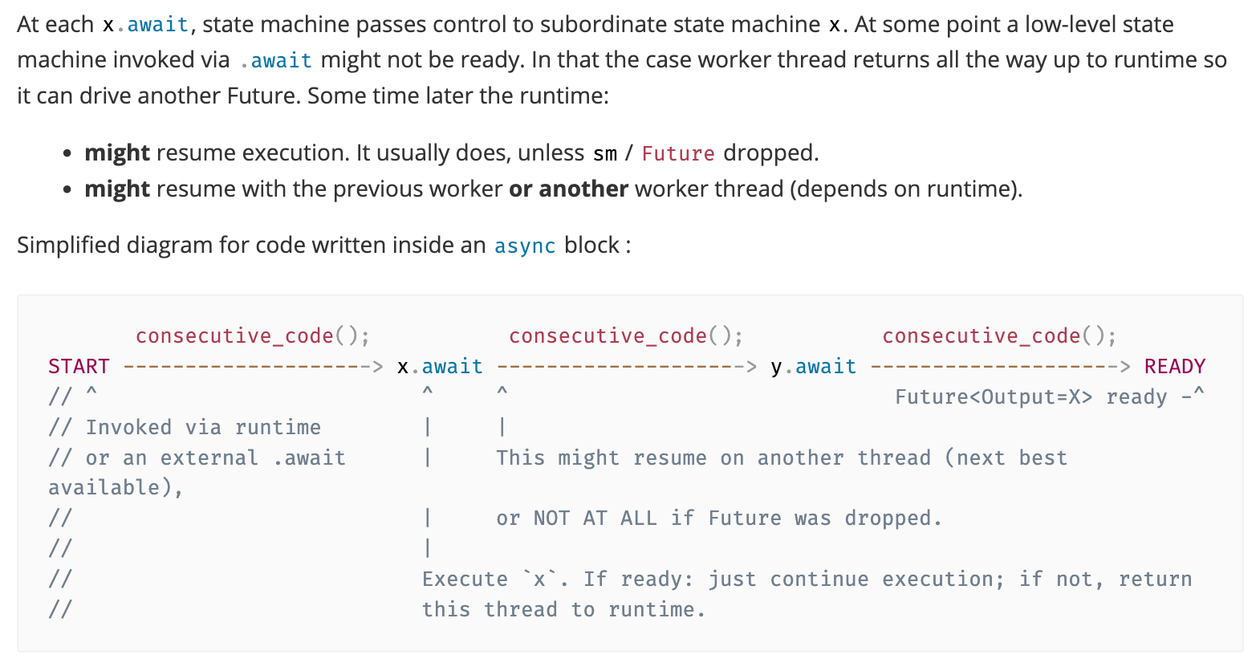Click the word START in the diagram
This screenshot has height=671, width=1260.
coord(79,367)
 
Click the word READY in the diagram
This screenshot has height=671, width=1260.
coord(1175,367)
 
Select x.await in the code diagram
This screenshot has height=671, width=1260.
coord(440,367)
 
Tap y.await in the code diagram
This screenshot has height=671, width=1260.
coord(813,367)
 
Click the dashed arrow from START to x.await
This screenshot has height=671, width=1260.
coord(253,367)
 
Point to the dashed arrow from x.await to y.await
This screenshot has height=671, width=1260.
coord(627,367)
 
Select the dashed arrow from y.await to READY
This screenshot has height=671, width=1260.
coord(1000,367)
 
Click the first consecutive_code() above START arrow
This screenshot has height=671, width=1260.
coord(253,336)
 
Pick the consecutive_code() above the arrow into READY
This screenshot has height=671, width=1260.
coord(999,336)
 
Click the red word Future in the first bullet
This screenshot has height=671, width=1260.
coord(678,153)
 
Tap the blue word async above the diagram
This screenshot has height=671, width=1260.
coord(525,246)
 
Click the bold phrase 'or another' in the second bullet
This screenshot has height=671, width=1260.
coord(568,189)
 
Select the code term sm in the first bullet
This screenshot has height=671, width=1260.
coord(604,154)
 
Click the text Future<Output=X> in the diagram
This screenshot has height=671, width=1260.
coord(994,397)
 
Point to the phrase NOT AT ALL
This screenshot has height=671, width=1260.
coord(595,518)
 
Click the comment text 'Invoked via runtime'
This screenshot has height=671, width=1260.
coord(203,428)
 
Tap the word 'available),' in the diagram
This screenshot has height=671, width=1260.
coord(116,488)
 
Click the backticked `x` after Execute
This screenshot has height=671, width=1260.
coord(539,579)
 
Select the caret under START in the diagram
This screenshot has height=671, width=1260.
coord(91,392)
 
